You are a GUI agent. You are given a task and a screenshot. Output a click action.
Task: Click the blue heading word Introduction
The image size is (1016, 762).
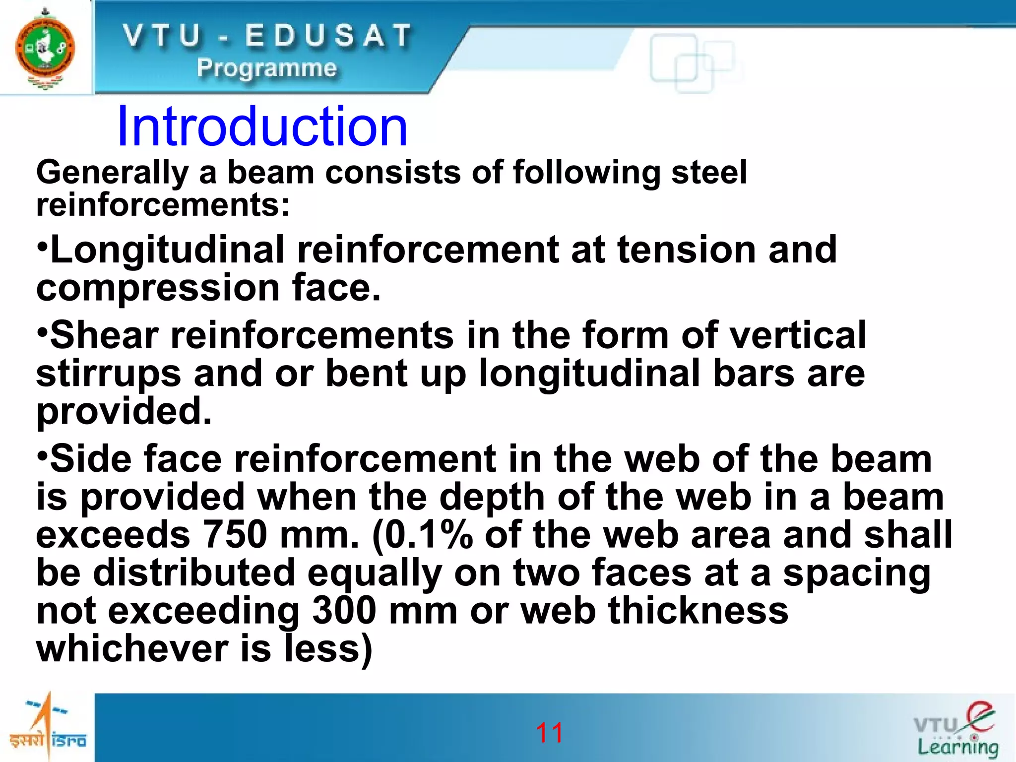coord(262,127)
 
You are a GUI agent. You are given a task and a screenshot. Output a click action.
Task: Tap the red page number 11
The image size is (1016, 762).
coord(549,733)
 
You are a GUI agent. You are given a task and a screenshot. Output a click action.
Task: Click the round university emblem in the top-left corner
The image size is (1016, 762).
coord(45,49)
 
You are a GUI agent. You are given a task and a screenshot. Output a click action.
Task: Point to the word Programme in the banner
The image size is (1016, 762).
coord(267,68)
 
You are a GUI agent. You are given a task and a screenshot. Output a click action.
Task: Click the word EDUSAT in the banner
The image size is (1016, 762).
coord(328,36)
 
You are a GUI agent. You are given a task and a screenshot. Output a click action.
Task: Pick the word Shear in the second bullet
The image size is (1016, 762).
coord(104,335)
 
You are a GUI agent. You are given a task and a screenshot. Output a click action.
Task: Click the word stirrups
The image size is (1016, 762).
coord(109,374)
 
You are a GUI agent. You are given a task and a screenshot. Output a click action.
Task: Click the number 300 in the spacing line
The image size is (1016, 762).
coord(344,611)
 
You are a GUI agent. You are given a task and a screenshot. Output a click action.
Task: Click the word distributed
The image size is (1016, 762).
coord(194,573)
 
